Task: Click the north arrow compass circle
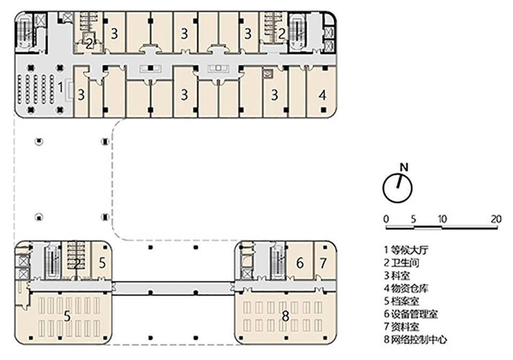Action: pyautogui.click(x=398, y=187)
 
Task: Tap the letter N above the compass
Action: pyautogui.click(x=404, y=167)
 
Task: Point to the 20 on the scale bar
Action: pyautogui.click(x=496, y=218)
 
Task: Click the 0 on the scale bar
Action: pyautogui.click(x=386, y=218)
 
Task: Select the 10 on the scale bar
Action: pyautogui.click(x=441, y=218)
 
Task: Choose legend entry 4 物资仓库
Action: pyautogui.click(x=407, y=288)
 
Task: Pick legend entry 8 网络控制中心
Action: pyautogui.click(x=415, y=340)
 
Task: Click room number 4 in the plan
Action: pyautogui.click(x=322, y=96)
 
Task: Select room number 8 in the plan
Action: pyautogui.click(x=285, y=316)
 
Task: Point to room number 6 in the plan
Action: pyautogui.click(x=300, y=263)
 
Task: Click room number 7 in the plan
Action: pyautogui.click(x=323, y=263)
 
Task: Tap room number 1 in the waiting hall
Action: pyautogui.click(x=61, y=85)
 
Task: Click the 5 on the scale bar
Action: pyautogui.click(x=413, y=218)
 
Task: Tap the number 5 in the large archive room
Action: pyautogui.click(x=67, y=316)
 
